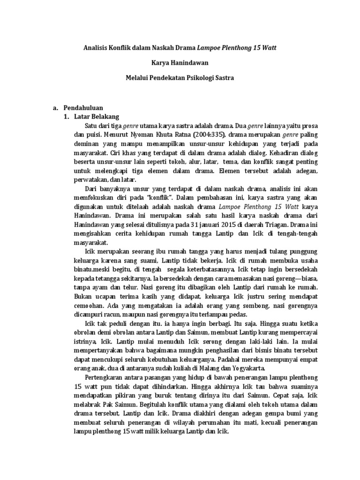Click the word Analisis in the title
pos(95,48)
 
